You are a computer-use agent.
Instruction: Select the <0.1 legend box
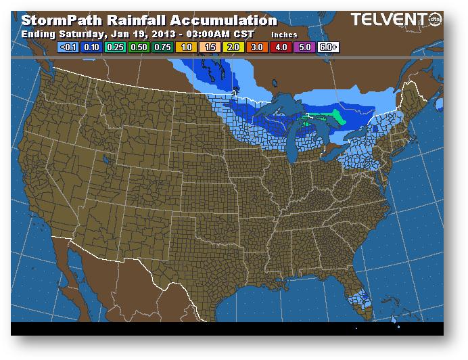(x=69, y=47)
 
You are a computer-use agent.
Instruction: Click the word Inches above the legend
(x=284, y=33)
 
